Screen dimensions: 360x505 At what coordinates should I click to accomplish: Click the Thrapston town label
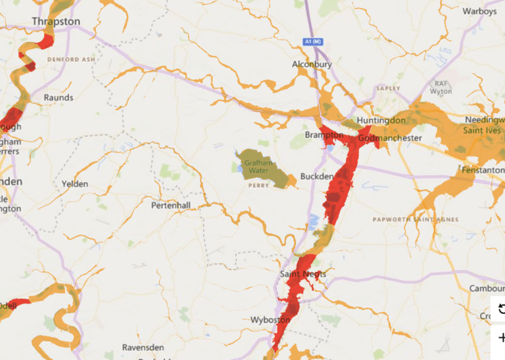56,22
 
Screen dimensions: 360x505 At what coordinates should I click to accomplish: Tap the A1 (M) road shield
315,42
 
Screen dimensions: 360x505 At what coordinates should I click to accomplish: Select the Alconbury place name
312,64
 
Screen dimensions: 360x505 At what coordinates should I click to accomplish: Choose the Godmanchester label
390,139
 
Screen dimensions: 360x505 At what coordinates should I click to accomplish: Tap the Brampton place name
324,135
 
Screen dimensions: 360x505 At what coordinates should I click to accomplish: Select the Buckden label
313,177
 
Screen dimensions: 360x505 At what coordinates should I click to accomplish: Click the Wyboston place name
270,320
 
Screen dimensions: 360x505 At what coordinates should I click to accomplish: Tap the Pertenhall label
171,206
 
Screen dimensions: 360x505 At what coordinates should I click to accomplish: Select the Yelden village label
75,184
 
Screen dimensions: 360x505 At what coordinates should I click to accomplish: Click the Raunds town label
58,98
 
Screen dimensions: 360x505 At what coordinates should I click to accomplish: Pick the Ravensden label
142,348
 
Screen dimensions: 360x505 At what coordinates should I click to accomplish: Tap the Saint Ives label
483,130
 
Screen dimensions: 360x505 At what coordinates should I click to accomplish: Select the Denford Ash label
72,59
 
